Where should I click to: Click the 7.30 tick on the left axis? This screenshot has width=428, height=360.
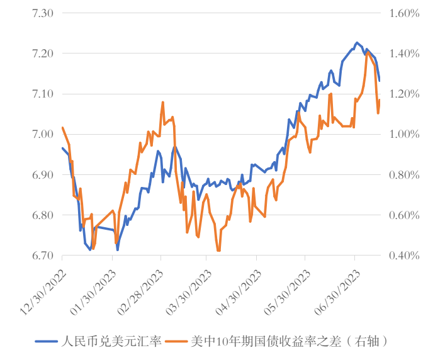coord(41,13)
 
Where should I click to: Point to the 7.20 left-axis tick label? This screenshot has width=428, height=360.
coord(41,53)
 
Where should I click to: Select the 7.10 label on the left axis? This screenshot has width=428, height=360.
coord(41,94)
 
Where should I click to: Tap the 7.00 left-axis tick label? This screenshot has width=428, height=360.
coord(41,134)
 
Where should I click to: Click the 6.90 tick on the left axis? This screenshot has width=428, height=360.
coord(41,175)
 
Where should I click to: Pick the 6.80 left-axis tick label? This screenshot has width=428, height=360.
coord(41,215)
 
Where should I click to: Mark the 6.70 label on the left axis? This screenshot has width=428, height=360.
coord(41,256)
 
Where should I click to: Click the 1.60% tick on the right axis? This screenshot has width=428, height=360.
coord(403,13)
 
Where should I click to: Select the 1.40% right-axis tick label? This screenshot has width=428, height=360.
coord(403,53)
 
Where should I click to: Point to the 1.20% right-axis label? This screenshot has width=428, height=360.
coord(403,94)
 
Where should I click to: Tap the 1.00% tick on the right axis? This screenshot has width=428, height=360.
coord(403,134)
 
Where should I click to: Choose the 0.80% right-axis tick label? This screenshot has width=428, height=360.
coord(403,175)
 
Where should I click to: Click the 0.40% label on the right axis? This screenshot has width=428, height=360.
coord(403,256)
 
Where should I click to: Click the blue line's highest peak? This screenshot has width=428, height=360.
coord(357,43)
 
